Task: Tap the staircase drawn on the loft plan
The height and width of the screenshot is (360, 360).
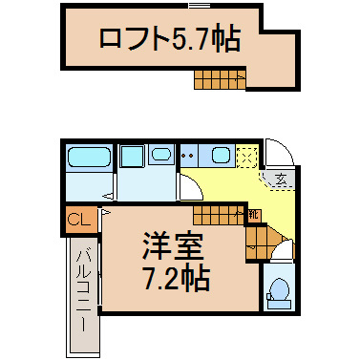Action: point(220,79)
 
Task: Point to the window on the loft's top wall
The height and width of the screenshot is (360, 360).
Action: point(200,6)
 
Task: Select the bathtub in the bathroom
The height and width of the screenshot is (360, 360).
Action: point(89,157)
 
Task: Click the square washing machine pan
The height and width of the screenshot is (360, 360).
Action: point(132,156)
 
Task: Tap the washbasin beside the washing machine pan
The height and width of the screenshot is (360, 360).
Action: point(161,155)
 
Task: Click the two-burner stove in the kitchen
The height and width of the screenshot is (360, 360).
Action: point(189,156)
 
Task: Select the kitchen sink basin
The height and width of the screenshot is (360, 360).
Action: point(221,156)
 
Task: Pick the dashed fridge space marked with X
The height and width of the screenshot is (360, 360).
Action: point(247,156)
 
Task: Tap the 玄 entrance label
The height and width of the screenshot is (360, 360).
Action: point(281,180)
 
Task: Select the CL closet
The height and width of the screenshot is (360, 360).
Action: point(79,220)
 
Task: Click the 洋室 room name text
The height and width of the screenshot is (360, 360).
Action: point(173,245)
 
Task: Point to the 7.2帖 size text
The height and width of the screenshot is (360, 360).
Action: point(177,278)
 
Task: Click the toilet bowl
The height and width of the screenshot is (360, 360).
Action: point(280,289)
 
